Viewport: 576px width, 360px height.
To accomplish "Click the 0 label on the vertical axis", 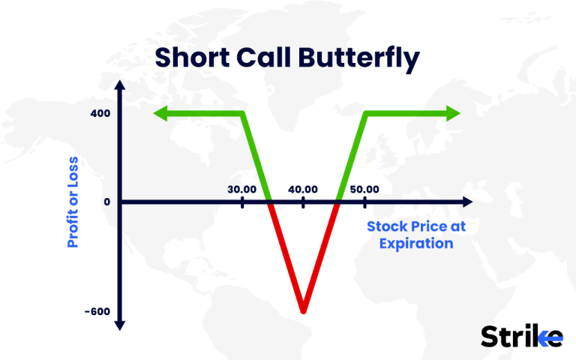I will [x=106, y=202].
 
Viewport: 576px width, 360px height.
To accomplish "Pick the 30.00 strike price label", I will [x=243, y=189].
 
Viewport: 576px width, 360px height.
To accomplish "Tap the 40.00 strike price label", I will [x=303, y=189].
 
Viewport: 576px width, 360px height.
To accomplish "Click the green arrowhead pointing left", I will [x=160, y=113].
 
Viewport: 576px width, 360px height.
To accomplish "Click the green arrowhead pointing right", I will [x=453, y=113].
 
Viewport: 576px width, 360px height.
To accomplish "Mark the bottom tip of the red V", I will [x=303, y=310].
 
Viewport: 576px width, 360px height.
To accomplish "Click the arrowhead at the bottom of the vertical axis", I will [x=120, y=325].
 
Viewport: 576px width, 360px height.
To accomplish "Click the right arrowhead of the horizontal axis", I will [x=467, y=202].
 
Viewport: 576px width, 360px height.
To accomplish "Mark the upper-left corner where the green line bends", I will [x=244, y=113].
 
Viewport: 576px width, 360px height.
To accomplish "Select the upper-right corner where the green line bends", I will [x=365, y=113].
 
